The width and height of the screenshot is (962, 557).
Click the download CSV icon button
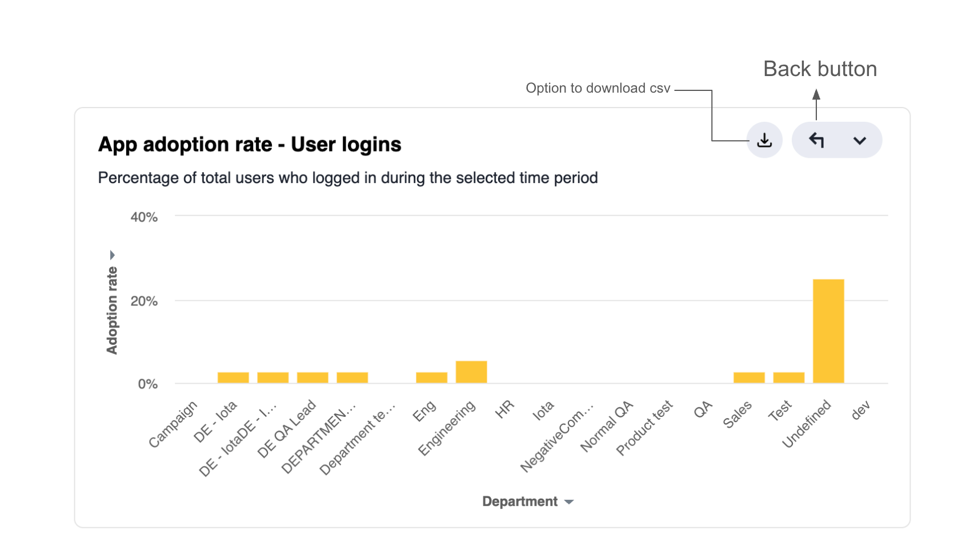point(764,140)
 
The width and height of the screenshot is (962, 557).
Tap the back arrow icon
point(816,140)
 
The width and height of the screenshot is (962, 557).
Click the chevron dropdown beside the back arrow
point(860,141)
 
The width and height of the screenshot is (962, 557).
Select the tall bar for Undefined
point(828,331)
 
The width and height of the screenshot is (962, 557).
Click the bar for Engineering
point(471,372)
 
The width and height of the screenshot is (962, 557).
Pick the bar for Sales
point(749,377)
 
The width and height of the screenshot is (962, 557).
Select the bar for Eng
point(431,377)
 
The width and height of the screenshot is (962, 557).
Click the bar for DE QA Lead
point(312,377)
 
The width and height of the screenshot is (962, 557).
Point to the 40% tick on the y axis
point(144,217)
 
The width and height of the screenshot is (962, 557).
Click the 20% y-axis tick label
point(144,301)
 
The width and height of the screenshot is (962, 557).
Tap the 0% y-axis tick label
point(147,384)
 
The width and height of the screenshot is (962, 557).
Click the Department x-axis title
point(520,502)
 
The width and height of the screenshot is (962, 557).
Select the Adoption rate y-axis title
point(112,311)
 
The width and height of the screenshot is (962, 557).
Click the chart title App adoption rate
point(250,144)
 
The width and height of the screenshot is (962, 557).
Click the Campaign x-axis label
point(173,424)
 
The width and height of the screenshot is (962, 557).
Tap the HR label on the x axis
point(504,409)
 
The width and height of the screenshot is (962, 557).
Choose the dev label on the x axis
point(860,410)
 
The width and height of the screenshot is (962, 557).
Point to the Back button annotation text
point(820,69)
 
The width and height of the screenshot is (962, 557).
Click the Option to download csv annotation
point(598,88)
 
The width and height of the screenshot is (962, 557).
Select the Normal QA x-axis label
point(607,427)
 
